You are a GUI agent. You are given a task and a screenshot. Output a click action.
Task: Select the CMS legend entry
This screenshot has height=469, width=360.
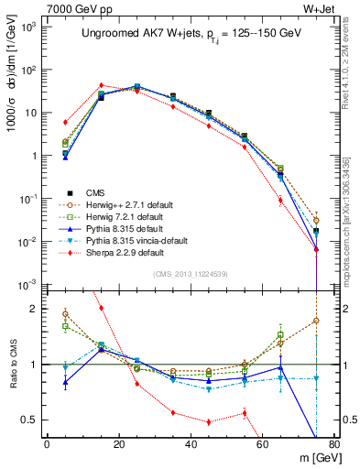[x=97, y=192]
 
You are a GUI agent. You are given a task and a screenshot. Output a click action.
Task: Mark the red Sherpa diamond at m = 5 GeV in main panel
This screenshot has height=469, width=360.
[x=65, y=122]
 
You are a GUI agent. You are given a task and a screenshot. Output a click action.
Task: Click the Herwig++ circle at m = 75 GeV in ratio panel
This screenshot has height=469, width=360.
[x=315, y=321]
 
